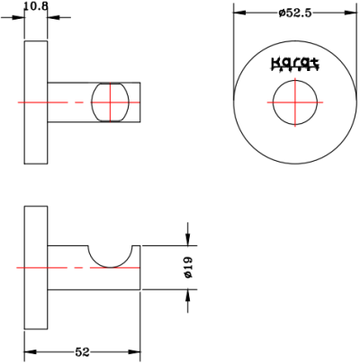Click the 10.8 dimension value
pos(35,6)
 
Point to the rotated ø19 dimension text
pos(189,267)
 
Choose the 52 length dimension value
pos(82,352)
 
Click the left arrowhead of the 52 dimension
pos(29,351)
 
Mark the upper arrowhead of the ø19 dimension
pos(187,237)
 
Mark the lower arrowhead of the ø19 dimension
pos(187,297)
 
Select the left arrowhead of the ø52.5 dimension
pos(238,12)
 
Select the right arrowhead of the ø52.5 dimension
pos(352,12)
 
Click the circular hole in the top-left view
pos(112,102)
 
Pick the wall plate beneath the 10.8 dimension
pos(35,102)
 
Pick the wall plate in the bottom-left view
pos(35,267)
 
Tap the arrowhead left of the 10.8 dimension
pos(19,16)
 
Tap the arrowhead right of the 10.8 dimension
pos(52,16)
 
